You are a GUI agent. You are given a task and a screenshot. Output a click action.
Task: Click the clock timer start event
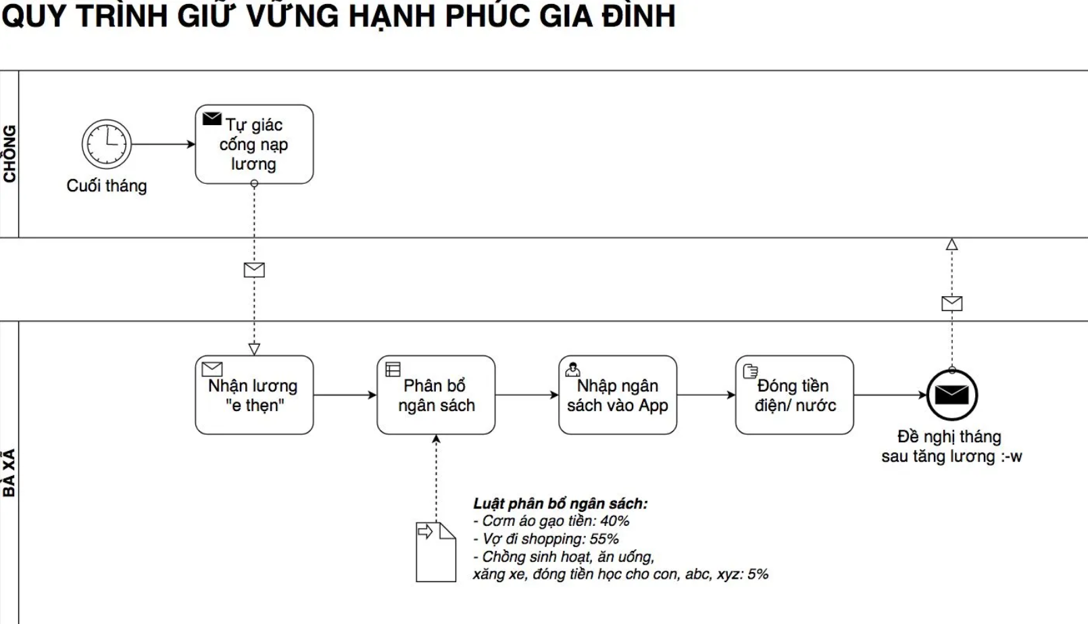click(x=107, y=144)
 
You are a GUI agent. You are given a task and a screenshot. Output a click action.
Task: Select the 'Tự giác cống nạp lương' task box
click(x=254, y=144)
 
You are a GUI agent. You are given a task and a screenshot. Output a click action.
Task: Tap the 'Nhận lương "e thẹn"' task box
click(x=254, y=395)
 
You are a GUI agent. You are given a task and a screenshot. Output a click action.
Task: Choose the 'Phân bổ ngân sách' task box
click(x=436, y=395)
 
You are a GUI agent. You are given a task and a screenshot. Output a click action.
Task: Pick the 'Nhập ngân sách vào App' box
click(x=618, y=395)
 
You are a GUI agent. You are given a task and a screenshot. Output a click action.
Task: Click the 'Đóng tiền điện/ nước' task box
click(x=795, y=395)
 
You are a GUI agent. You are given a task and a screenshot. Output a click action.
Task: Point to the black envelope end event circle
click(x=951, y=395)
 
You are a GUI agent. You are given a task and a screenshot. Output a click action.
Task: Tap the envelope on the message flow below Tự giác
click(x=254, y=270)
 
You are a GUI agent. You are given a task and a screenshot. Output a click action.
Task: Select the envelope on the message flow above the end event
click(x=951, y=304)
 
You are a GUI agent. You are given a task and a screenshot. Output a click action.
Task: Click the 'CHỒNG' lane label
click(x=9, y=154)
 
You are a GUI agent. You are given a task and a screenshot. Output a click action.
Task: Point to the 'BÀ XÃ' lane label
click(x=9, y=473)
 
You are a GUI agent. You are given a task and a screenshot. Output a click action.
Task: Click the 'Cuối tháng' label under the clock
click(x=107, y=186)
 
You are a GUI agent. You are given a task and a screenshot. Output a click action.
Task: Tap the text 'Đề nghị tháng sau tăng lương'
click(x=951, y=446)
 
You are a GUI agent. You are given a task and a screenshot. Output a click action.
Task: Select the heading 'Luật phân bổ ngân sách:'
click(x=560, y=504)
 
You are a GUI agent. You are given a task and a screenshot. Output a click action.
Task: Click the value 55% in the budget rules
click(x=604, y=539)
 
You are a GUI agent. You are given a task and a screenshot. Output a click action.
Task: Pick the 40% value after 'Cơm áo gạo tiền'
click(x=615, y=521)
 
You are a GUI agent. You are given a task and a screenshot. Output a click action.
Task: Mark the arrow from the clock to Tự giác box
click(x=163, y=144)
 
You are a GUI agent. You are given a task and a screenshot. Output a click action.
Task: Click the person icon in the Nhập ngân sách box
click(x=572, y=369)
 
